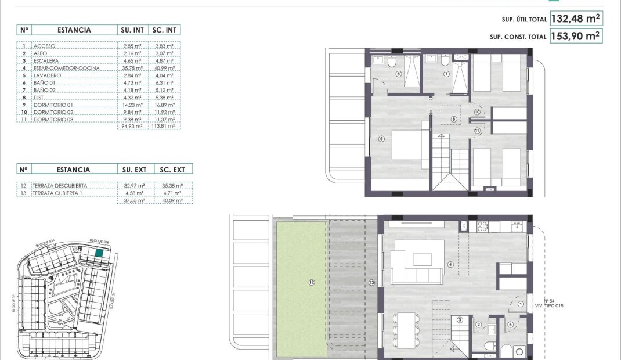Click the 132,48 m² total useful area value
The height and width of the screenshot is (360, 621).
575,19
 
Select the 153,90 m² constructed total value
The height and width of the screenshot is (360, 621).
575,36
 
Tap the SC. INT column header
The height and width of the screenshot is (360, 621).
165,30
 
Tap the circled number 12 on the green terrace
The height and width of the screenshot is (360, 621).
312,282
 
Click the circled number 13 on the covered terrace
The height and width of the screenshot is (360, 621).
371,283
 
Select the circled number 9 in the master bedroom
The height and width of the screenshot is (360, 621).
381,138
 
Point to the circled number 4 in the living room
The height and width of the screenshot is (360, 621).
450,265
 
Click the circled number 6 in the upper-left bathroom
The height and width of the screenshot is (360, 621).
399,74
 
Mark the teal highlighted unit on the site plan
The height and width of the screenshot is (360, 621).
99,253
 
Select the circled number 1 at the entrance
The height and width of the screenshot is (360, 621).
521,304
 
